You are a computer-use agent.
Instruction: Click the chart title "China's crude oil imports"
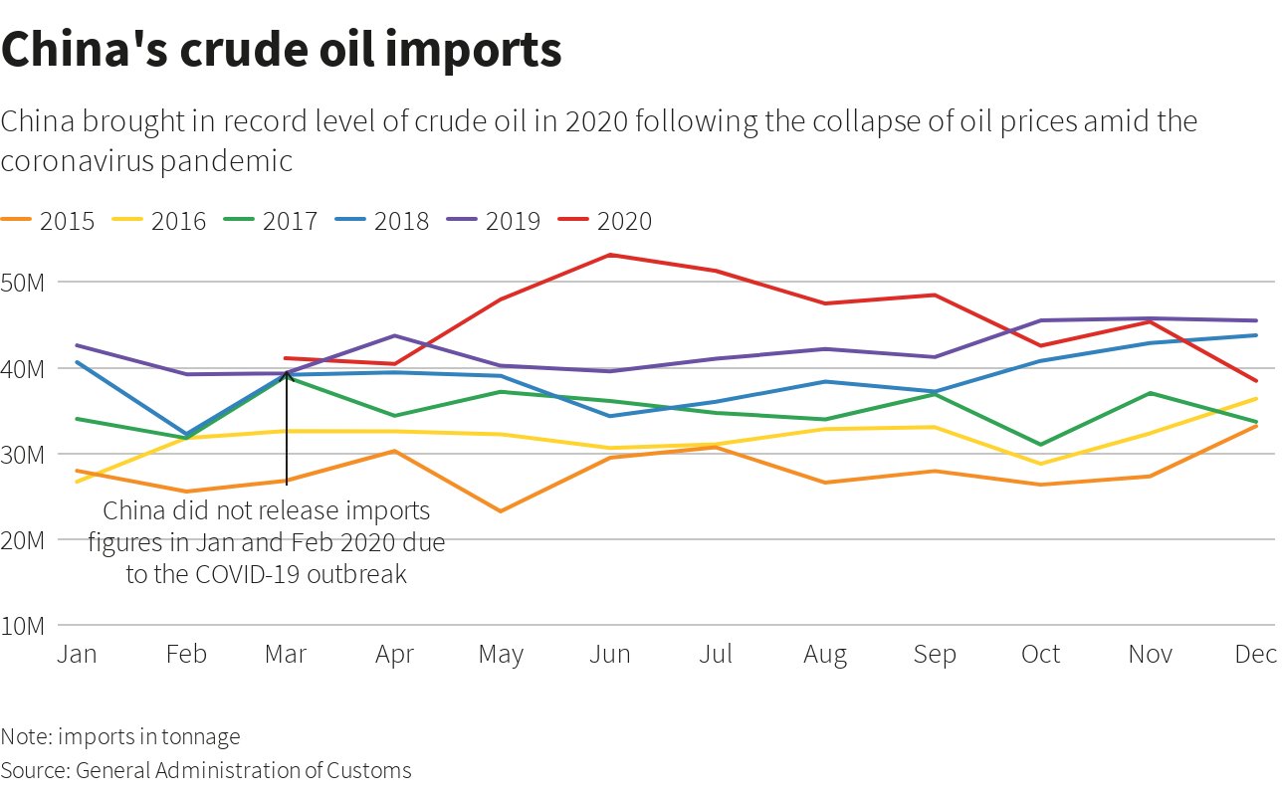click(282, 50)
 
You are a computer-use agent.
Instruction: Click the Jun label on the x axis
click(609, 655)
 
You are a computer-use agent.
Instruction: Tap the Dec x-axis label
click(1255, 655)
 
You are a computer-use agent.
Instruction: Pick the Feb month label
click(186, 655)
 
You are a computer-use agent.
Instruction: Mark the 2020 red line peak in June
click(610, 255)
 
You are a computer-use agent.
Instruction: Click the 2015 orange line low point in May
click(502, 511)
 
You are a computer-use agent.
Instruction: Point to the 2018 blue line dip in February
click(186, 434)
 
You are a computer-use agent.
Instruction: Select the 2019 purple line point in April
click(394, 335)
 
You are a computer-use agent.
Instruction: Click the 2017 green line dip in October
click(1041, 445)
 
